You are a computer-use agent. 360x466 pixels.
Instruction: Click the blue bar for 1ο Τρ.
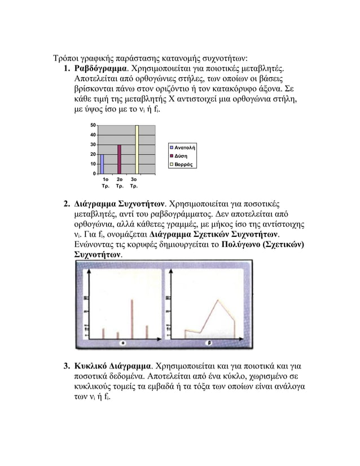[102, 164]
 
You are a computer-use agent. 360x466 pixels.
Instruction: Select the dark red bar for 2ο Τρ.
[119, 159]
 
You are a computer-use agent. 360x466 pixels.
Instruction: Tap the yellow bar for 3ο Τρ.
[137, 150]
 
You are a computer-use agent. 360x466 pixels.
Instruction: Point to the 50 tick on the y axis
[92, 125]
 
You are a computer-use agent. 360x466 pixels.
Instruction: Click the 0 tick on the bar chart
[93, 173]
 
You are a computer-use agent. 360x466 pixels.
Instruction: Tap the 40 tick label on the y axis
[92, 135]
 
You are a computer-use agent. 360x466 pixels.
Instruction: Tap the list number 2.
[65, 204]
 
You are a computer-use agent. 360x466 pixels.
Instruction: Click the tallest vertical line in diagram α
[132, 319]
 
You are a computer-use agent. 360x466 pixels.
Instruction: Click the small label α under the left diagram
[123, 342]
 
